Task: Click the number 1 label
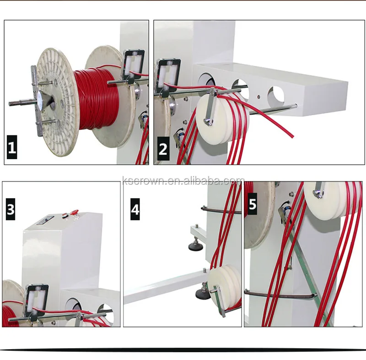click(x=12, y=149)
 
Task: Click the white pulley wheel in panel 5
click(x=323, y=192)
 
